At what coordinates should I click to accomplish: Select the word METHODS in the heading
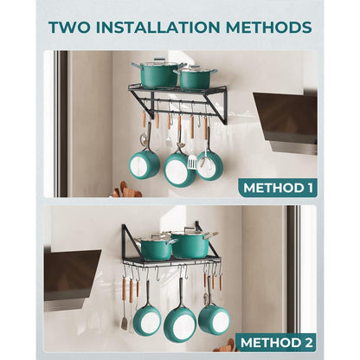[269, 28]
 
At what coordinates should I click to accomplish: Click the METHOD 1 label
[278, 188]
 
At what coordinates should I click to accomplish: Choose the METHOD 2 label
[276, 343]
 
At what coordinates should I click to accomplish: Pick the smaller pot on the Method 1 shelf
[196, 77]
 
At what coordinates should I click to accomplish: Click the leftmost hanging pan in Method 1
[145, 164]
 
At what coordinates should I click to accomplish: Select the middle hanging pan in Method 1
[179, 170]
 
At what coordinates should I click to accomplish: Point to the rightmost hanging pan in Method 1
[210, 166]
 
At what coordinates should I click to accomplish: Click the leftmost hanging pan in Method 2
[147, 321]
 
